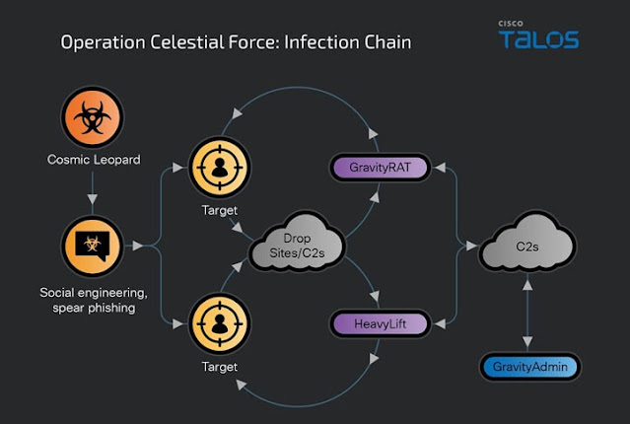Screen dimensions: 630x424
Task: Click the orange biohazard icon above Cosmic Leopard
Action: (93, 117)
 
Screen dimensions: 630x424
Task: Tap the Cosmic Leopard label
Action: (94, 160)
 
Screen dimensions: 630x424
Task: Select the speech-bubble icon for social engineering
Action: (93, 246)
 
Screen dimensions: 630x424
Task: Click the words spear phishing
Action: (94, 309)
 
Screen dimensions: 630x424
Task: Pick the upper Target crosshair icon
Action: (220, 168)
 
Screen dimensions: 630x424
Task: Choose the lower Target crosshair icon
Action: (220, 324)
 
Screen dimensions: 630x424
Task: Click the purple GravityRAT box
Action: (381, 168)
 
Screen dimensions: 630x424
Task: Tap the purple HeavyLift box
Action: (381, 324)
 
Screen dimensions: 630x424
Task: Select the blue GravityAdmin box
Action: (530, 367)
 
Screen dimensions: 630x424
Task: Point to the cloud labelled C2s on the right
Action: (527, 245)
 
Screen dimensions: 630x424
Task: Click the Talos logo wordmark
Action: (538, 39)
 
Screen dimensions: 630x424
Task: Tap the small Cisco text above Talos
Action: (511, 24)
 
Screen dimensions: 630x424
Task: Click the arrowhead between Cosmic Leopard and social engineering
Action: (93, 199)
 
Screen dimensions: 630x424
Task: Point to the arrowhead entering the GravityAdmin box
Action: (527, 342)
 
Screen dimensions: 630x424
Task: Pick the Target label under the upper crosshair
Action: (220, 210)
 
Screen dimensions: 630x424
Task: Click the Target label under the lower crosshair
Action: (220, 367)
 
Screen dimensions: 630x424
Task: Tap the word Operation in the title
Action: (103, 43)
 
